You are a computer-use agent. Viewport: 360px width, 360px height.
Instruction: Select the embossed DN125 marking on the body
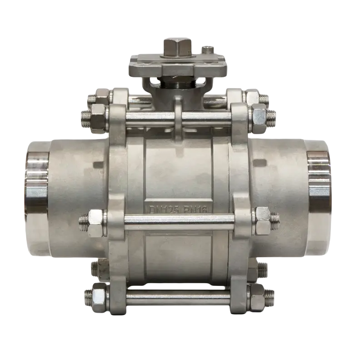(x=164, y=210)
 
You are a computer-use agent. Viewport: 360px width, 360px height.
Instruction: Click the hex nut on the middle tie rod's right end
(x=262, y=221)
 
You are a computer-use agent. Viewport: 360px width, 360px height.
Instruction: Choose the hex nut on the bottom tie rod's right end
(x=258, y=297)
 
